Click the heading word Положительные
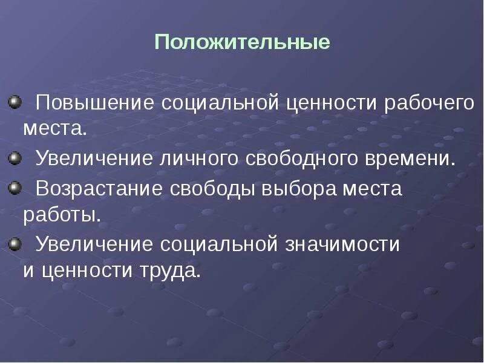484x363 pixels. (x=242, y=43)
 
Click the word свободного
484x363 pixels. (x=298, y=160)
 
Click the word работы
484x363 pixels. (x=61, y=215)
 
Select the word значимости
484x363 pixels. (x=347, y=244)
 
